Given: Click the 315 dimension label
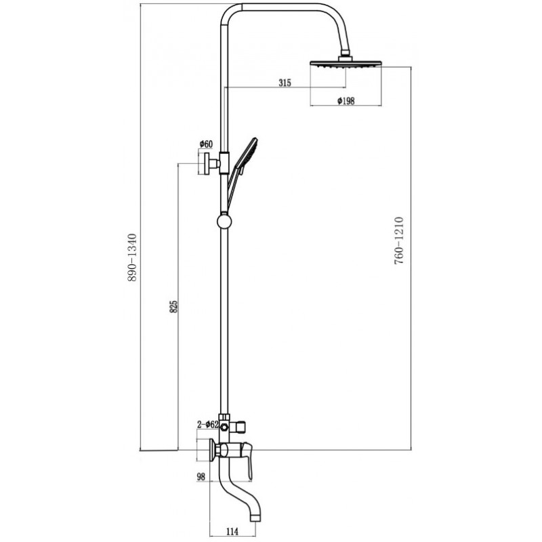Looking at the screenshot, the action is click(285, 83).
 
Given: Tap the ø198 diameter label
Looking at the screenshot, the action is click(346, 100).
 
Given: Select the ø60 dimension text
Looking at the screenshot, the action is click(206, 144).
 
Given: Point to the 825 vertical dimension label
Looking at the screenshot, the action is click(174, 307).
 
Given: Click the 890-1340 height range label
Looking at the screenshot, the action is click(132, 257).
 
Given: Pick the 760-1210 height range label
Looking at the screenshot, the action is click(398, 241).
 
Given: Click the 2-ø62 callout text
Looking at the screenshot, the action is click(207, 425).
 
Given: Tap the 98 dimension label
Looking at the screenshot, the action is click(201, 477).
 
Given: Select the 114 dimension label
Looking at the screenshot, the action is click(232, 531).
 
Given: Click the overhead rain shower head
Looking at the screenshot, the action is click(346, 64).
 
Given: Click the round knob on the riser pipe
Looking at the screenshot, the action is click(224, 222).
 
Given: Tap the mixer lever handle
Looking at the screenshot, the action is click(247, 460).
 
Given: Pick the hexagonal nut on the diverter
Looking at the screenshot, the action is click(224, 428).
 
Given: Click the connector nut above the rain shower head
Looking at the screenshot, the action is click(346, 56).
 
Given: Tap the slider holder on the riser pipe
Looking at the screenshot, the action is click(224, 163).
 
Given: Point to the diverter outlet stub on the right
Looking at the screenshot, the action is click(239, 428).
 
